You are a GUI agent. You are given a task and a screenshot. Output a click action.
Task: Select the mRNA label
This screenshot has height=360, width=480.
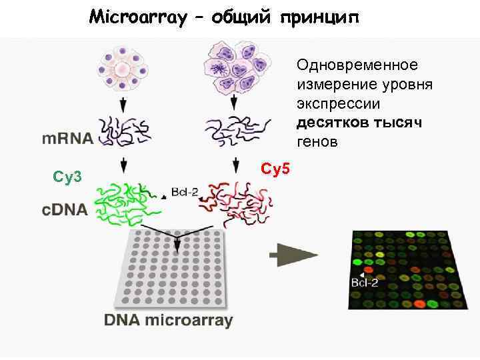coord(68,140)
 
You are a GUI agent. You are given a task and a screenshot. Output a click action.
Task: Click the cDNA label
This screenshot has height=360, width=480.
coord(65,210)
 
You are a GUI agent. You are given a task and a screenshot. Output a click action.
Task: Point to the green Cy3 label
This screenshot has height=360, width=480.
coord(67,177)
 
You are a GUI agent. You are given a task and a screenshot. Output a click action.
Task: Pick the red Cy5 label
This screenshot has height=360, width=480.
coord(275,169)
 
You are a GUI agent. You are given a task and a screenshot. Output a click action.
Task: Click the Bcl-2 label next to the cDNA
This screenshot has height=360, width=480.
coord(184,191)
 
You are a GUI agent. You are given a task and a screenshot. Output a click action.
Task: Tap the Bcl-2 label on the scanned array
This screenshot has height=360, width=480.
coord(364,283)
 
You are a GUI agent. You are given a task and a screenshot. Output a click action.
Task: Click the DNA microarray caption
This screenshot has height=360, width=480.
coord(168,321)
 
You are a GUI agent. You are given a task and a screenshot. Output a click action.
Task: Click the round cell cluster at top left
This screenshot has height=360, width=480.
coord(123,67)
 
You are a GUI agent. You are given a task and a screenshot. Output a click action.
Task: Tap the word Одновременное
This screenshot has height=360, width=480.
coord(358,65)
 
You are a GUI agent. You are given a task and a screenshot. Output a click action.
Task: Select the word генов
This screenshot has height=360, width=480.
coord(317,142)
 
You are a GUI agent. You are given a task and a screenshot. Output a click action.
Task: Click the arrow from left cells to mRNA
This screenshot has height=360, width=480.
coord(123,105)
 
